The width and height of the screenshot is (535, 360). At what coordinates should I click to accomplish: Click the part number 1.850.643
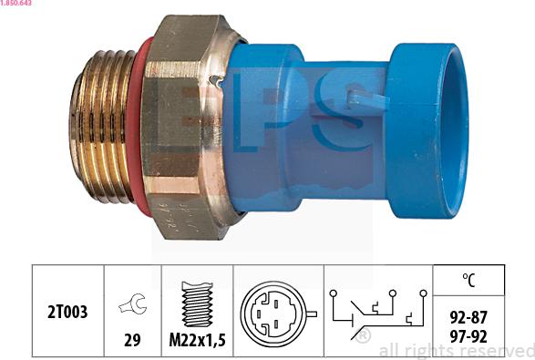pyautogui.click(x=19, y=5)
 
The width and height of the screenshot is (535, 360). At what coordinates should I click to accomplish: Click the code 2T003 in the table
pyautogui.click(x=68, y=312)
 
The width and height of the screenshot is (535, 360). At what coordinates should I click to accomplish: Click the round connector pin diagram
pyautogui.click(x=277, y=312)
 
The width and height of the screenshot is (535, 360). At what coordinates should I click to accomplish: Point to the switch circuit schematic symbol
pyautogui.click(x=376, y=310)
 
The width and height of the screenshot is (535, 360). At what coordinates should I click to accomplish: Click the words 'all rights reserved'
pyautogui.click(x=455, y=350)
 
